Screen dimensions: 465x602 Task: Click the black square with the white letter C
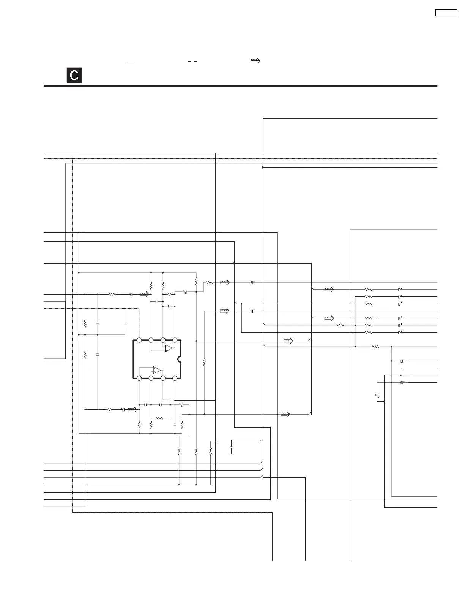point(74,75)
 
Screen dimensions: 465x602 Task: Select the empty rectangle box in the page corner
point(446,13)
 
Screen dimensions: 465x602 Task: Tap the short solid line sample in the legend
point(131,61)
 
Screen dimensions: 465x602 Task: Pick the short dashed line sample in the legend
point(193,61)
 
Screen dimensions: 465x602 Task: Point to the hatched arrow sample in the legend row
point(255,61)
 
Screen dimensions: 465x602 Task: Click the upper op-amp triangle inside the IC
point(169,349)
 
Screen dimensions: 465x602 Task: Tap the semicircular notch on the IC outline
point(180,359)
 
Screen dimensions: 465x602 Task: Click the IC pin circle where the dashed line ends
point(139,340)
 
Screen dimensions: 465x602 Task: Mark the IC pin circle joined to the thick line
point(175,378)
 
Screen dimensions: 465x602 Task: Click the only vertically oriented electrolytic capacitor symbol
point(377,396)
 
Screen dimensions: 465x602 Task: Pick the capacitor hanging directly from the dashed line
point(125,324)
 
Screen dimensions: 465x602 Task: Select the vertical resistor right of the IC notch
point(204,363)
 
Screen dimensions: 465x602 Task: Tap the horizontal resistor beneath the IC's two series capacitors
point(159,418)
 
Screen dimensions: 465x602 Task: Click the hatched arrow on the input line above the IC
point(144,294)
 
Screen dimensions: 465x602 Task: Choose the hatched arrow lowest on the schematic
point(285,414)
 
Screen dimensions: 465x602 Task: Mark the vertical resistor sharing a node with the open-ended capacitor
point(210,452)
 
